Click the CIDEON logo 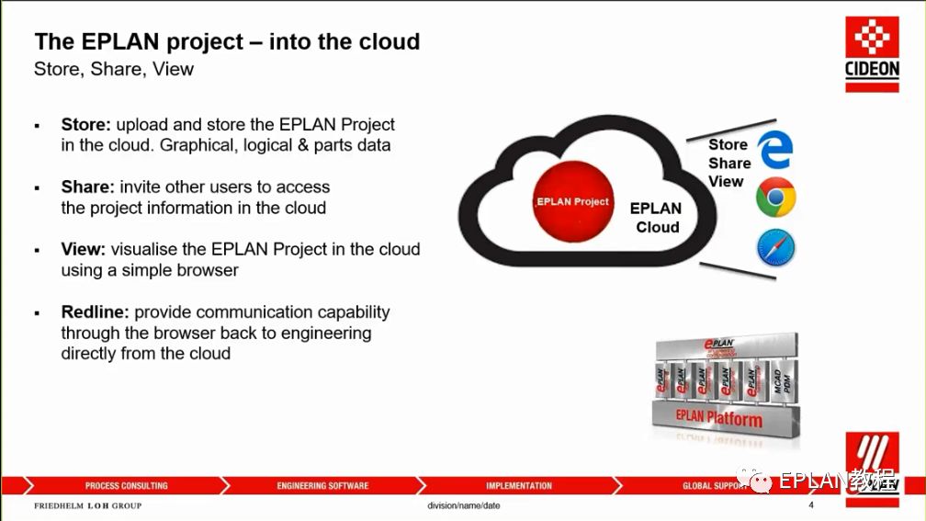(x=871, y=54)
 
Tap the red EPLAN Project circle (x=572, y=201)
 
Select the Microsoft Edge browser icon (x=774, y=150)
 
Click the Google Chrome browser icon (x=775, y=198)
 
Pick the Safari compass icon (x=775, y=247)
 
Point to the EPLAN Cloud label (x=656, y=218)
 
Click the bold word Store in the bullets (x=85, y=124)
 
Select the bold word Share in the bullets (x=87, y=187)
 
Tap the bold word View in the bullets (x=83, y=249)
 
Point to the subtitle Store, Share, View (x=114, y=69)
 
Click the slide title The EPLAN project (x=227, y=41)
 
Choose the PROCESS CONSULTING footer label (x=127, y=485)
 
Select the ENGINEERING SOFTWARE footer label (x=322, y=485)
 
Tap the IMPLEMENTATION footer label (x=519, y=485)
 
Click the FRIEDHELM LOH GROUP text (x=88, y=506)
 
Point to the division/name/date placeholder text (x=464, y=506)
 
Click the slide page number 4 (x=811, y=505)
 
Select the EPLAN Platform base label (x=719, y=419)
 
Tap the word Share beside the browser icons (x=729, y=163)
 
